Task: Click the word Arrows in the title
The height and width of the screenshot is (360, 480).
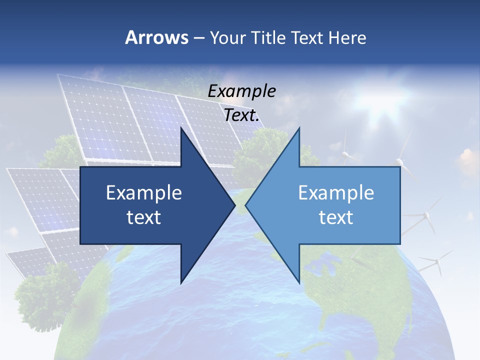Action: click(157, 37)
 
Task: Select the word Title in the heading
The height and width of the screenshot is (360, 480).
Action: click(270, 37)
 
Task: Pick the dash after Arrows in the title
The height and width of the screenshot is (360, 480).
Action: click(199, 38)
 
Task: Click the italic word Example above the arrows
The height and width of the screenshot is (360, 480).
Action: click(242, 91)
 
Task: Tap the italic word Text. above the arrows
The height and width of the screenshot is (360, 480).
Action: click(242, 115)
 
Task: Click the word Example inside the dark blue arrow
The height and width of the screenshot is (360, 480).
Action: click(144, 192)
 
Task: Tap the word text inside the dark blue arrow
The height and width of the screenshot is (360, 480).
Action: click(144, 217)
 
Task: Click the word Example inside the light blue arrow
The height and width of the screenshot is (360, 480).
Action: click(336, 192)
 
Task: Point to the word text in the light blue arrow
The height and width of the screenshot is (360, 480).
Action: click(336, 217)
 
